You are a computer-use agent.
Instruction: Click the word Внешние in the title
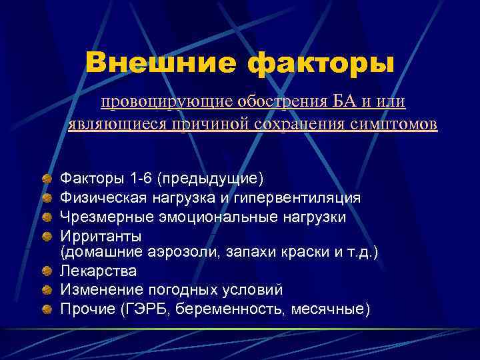click(x=161, y=63)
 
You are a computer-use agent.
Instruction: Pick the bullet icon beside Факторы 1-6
click(x=48, y=179)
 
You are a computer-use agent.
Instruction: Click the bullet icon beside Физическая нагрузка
click(x=48, y=198)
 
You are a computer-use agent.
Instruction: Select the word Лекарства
click(x=98, y=271)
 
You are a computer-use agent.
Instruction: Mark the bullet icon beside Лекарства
click(x=48, y=271)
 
